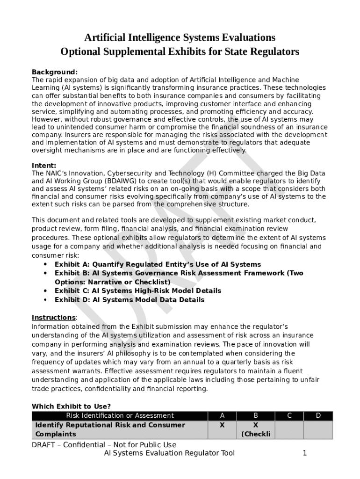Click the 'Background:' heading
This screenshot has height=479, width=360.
pyautogui.click(x=54, y=72)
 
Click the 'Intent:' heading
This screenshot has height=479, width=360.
pyautogui.click(x=44, y=166)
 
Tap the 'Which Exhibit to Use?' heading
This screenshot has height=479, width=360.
pyautogui.click(x=71, y=406)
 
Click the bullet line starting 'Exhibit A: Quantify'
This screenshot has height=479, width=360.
pyautogui.click(x=158, y=265)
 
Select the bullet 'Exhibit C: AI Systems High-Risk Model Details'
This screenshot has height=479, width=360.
pyautogui.click(x=138, y=291)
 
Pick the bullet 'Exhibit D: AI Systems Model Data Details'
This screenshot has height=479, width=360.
pyautogui.click(x=130, y=300)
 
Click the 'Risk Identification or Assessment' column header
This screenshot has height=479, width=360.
pyautogui.click(x=120, y=415)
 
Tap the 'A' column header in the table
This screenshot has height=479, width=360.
pyautogui.click(x=222, y=415)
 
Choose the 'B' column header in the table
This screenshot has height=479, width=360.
pyautogui.click(x=256, y=415)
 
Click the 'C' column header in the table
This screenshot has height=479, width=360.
pyautogui.click(x=289, y=415)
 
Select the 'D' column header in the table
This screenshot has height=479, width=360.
pyautogui.click(x=318, y=415)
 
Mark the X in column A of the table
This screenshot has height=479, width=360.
pyautogui.click(x=222, y=425)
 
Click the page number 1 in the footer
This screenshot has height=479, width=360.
pyautogui.click(x=304, y=453)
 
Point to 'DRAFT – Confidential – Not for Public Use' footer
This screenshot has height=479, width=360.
pyautogui.click(x=104, y=444)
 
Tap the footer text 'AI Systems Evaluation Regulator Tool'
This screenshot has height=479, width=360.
pyautogui.click(x=169, y=453)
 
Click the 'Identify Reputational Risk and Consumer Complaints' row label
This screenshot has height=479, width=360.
pyautogui.click(x=110, y=429)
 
